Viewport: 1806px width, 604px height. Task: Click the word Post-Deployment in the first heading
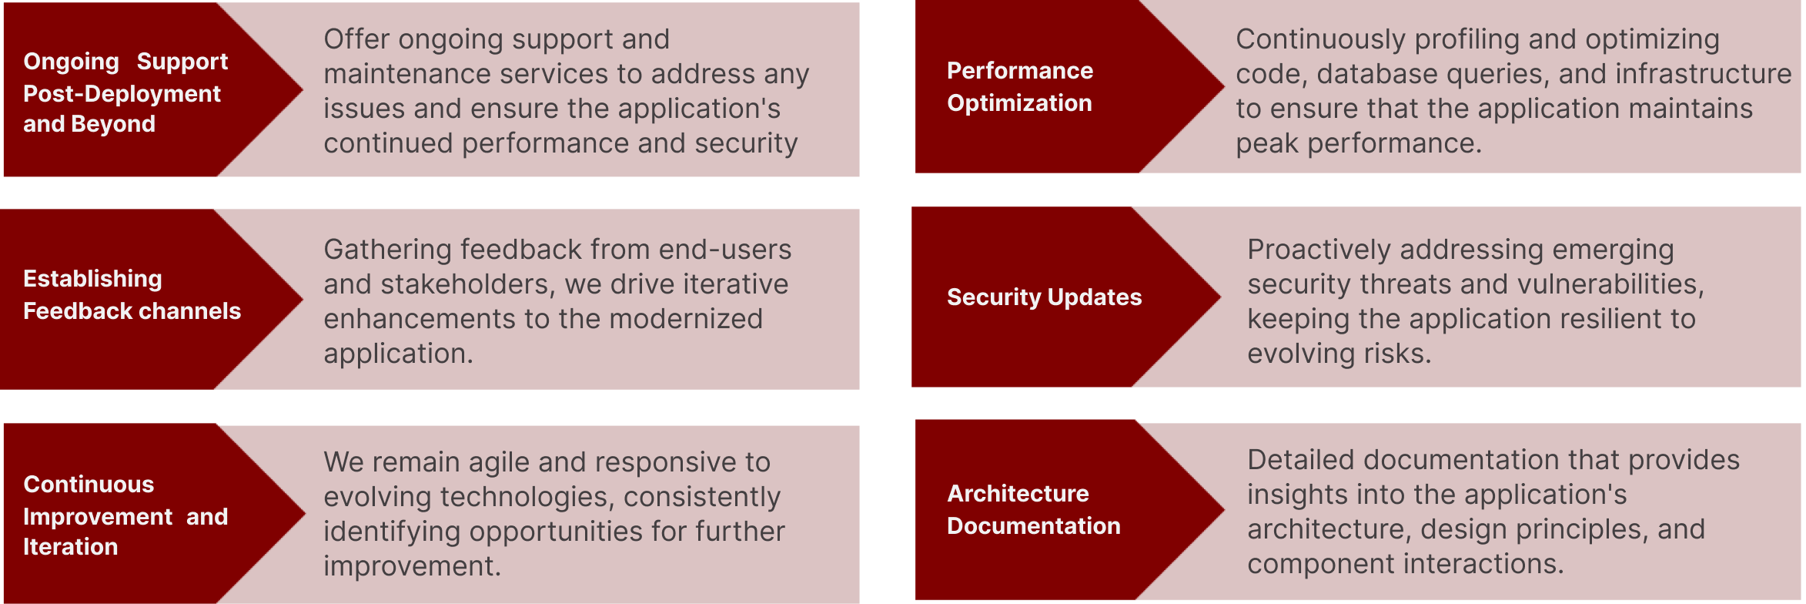122,94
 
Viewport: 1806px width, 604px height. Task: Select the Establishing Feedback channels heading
132,294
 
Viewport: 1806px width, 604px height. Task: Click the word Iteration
71,547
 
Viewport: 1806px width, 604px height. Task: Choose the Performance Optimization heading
1020,86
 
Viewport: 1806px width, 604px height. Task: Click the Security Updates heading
1045,297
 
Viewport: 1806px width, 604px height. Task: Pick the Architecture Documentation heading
1034,509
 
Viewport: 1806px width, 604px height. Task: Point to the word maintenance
407,74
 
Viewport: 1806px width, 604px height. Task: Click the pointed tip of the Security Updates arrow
1221,296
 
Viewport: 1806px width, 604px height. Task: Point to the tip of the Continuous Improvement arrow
306,512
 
